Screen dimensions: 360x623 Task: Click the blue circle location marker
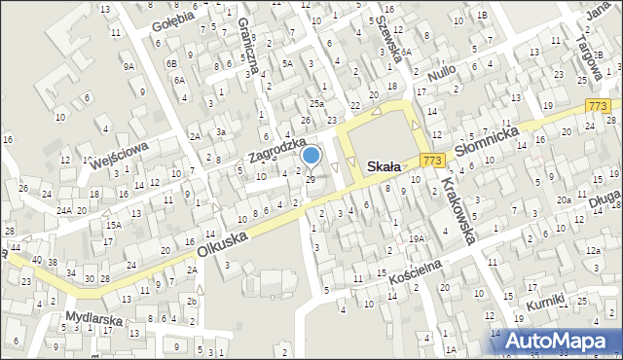tap(311, 155)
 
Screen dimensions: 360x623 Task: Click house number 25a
tap(316, 102)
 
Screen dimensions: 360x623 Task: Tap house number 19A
tap(417, 238)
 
